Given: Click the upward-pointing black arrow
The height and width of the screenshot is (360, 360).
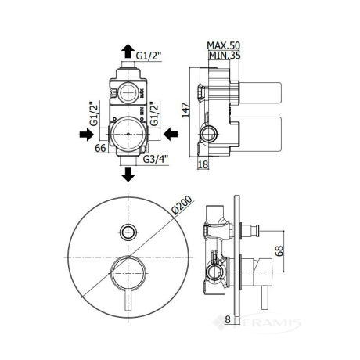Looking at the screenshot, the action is (x=128, y=51).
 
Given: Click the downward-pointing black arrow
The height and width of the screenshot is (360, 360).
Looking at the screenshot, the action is (x=128, y=175).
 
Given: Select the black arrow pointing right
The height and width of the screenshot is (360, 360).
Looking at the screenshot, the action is (x=86, y=135).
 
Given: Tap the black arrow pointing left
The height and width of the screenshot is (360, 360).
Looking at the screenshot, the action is (x=171, y=134).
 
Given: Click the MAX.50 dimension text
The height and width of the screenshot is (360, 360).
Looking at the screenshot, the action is (x=223, y=45).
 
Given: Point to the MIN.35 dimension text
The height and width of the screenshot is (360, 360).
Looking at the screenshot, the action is (x=225, y=56).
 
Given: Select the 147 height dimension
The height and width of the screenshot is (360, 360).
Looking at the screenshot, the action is (x=185, y=110).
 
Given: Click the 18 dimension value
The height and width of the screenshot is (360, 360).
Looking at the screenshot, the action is (x=203, y=164).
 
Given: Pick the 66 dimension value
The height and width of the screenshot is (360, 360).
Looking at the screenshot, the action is (x=100, y=148).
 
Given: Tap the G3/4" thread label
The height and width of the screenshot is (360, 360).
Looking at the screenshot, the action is (x=156, y=159).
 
